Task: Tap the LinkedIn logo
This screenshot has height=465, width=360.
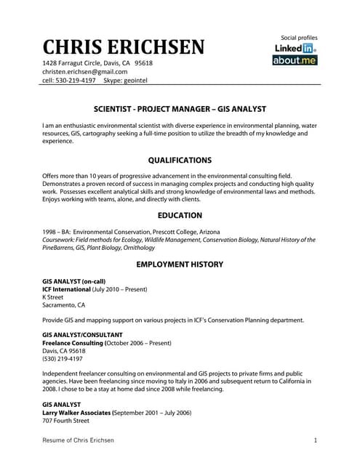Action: pos(295,48)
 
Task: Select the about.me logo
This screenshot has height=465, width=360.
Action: pos(295,60)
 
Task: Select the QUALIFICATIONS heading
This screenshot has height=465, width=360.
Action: pos(180,160)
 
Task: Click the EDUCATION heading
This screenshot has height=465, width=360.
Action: pos(180,216)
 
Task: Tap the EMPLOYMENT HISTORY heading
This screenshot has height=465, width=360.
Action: pos(180,264)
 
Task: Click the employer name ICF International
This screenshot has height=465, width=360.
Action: pos(76,288)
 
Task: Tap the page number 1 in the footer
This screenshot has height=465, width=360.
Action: pos(316,440)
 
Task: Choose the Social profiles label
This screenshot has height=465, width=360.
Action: pos(299,37)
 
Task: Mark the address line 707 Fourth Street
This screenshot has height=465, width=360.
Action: pos(65,421)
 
